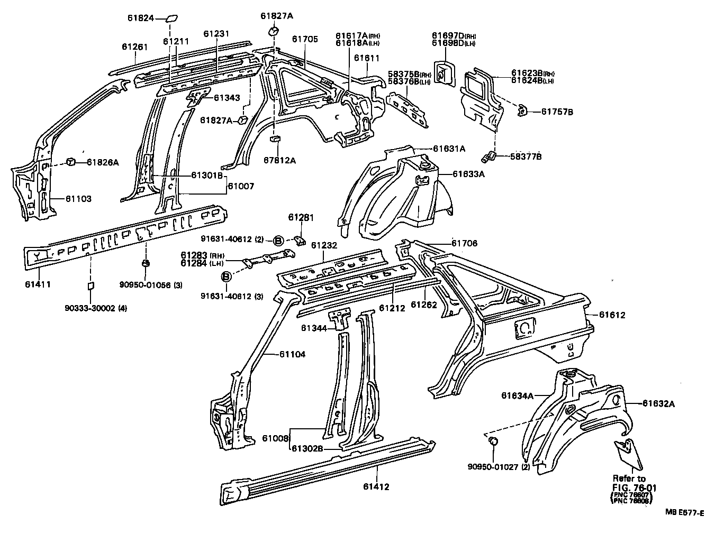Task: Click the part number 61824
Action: point(140,18)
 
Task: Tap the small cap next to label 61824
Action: point(171,19)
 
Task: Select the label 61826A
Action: point(103,162)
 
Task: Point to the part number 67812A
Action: point(279,160)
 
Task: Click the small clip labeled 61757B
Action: point(521,110)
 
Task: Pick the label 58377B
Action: point(526,156)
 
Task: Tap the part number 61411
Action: point(38,284)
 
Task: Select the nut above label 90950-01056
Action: point(145,263)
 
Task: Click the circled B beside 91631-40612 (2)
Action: point(278,241)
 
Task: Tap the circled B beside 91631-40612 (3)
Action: point(226,277)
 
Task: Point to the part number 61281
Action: point(301,217)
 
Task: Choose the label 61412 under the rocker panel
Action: point(376,486)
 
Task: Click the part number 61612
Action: point(612,315)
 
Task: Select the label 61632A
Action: point(659,403)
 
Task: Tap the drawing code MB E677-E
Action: point(685,512)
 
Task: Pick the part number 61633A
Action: point(468,173)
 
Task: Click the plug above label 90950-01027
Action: point(493,441)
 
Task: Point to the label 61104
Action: point(292,354)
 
